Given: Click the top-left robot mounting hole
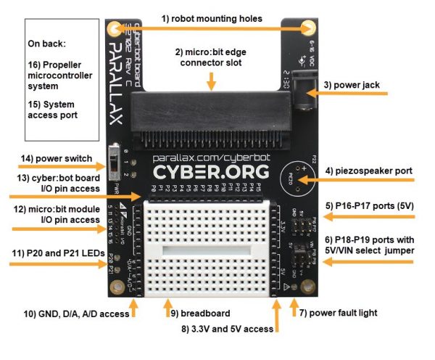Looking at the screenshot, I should click(115, 28).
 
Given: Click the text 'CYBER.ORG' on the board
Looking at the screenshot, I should click(211, 173).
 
